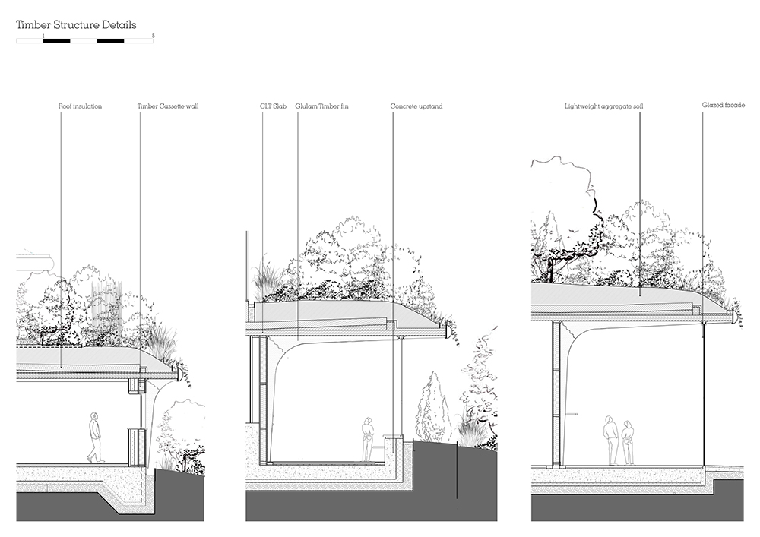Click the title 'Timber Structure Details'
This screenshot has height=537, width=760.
coord(76,25)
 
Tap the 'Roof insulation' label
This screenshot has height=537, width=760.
coord(80,106)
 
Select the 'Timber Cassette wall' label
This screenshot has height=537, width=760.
coord(168,106)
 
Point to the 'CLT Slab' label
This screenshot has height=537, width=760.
coord(273,106)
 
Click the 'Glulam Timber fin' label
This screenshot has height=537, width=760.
coord(321,106)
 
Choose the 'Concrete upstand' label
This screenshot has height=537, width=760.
coord(416,106)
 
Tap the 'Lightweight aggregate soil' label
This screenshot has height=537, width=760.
coord(604,106)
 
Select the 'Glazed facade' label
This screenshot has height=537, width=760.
coord(724,105)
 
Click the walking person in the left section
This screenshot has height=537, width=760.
coord(96,437)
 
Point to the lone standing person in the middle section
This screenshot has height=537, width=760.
coord(368,439)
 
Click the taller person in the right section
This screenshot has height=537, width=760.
coord(610,440)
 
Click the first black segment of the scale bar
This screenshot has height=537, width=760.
coord(57,41)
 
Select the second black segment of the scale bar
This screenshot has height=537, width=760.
coord(110,41)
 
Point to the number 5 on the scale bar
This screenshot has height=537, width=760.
coord(154,36)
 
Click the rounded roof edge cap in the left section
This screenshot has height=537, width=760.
coord(179,374)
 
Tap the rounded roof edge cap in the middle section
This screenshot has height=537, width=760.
coord(449,332)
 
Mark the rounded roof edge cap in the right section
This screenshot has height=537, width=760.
coord(735,317)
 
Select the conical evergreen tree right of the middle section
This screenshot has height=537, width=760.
coord(431,407)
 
